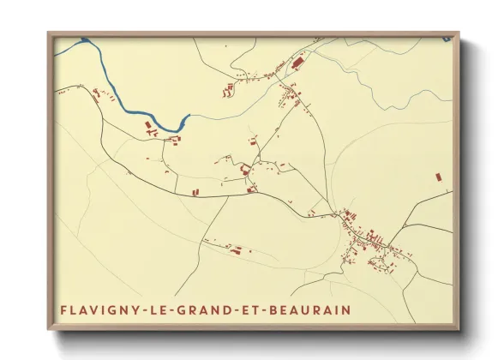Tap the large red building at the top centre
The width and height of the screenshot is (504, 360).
[x=297, y=63]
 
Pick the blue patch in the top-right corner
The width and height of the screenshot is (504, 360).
[x=447, y=39]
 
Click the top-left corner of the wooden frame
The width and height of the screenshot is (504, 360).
[x=49, y=33]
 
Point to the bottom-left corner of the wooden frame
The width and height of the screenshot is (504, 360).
[x=49, y=329]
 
